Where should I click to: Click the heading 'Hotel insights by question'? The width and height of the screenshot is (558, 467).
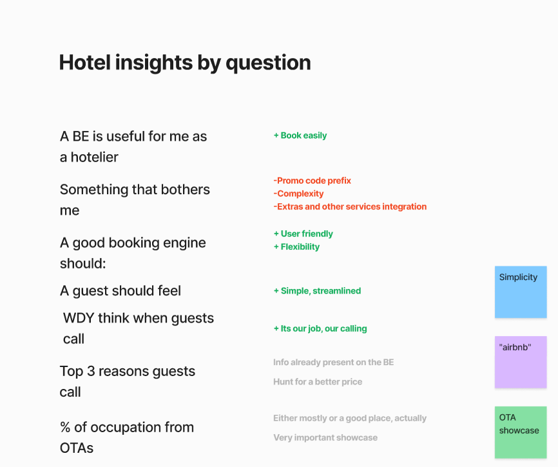pyautogui.click(x=185, y=63)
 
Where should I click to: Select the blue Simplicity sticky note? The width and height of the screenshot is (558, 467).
pyautogui.click(x=521, y=292)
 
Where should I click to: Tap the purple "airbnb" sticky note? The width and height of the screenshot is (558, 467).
pyautogui.click(x=521, y=362)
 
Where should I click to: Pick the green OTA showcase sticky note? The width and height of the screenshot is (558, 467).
pyautogui.click(x=521, y=432)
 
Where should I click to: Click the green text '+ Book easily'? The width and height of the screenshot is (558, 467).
pyautogui.click(x=300, y=135)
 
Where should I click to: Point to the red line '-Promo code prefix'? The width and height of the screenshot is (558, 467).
pyautogui.click(x=313, y=181)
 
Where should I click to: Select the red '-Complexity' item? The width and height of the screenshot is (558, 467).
pyautogui.click(x=298, y=194)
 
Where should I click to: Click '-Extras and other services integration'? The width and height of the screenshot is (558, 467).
pyautogui.click(x=350, y=206)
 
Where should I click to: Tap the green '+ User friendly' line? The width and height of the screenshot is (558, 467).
pyautogui.click(x=303, y=234)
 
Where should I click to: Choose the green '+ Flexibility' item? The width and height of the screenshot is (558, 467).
pyautogui.click(x=296, y=246)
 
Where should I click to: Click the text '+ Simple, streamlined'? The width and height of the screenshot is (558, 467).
pyautogui.click(x=317, y=291)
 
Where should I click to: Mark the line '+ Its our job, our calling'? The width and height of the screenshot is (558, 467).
pyautogui.click(x=320, y=328)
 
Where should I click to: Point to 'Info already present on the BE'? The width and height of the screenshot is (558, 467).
pyautogui.click(x=333, y=363)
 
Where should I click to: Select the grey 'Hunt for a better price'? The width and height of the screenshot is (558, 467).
pyautogui.click(x=318, y=382)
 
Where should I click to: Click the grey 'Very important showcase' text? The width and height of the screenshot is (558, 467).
pyautogui.click(x=325, y=437)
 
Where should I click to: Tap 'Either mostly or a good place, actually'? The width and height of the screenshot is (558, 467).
pyautogui.click(x=350, y=418)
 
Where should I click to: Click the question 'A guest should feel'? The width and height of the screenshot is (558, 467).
pyautogui.click(x=120, y=291)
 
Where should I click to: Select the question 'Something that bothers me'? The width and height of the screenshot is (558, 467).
pyautogui.click(x=135, y=199)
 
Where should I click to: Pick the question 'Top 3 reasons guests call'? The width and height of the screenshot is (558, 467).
pyautogui.click(x=128, y=381)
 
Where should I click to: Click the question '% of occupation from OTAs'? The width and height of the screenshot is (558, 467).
pyautogui.click(x=127, y=437)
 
